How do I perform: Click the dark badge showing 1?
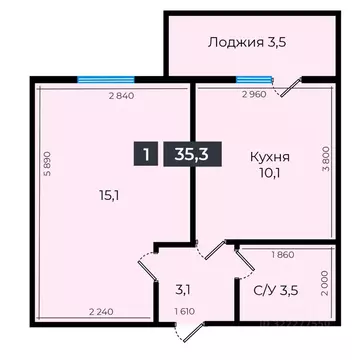tap(146, 154)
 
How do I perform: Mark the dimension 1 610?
tap(184, 313)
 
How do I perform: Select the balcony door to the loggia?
tap(287, 88)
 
